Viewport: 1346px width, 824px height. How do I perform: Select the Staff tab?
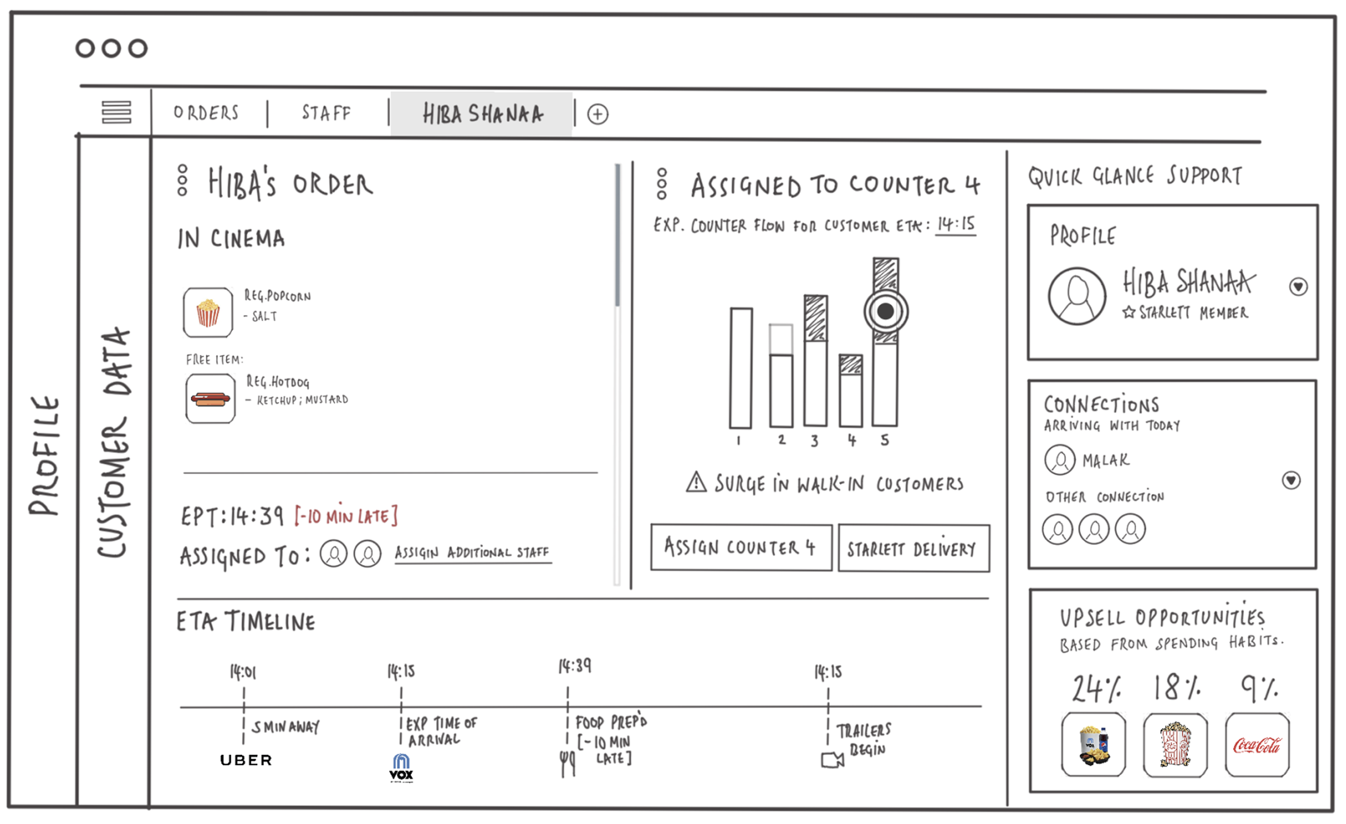pos(326,113)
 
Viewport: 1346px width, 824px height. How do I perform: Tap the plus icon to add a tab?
pos(598,114)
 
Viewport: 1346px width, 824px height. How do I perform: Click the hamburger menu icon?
pos(116,112)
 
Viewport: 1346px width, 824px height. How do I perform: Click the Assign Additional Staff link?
pos(473,553)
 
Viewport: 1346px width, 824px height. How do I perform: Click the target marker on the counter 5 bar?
pos(885,311)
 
